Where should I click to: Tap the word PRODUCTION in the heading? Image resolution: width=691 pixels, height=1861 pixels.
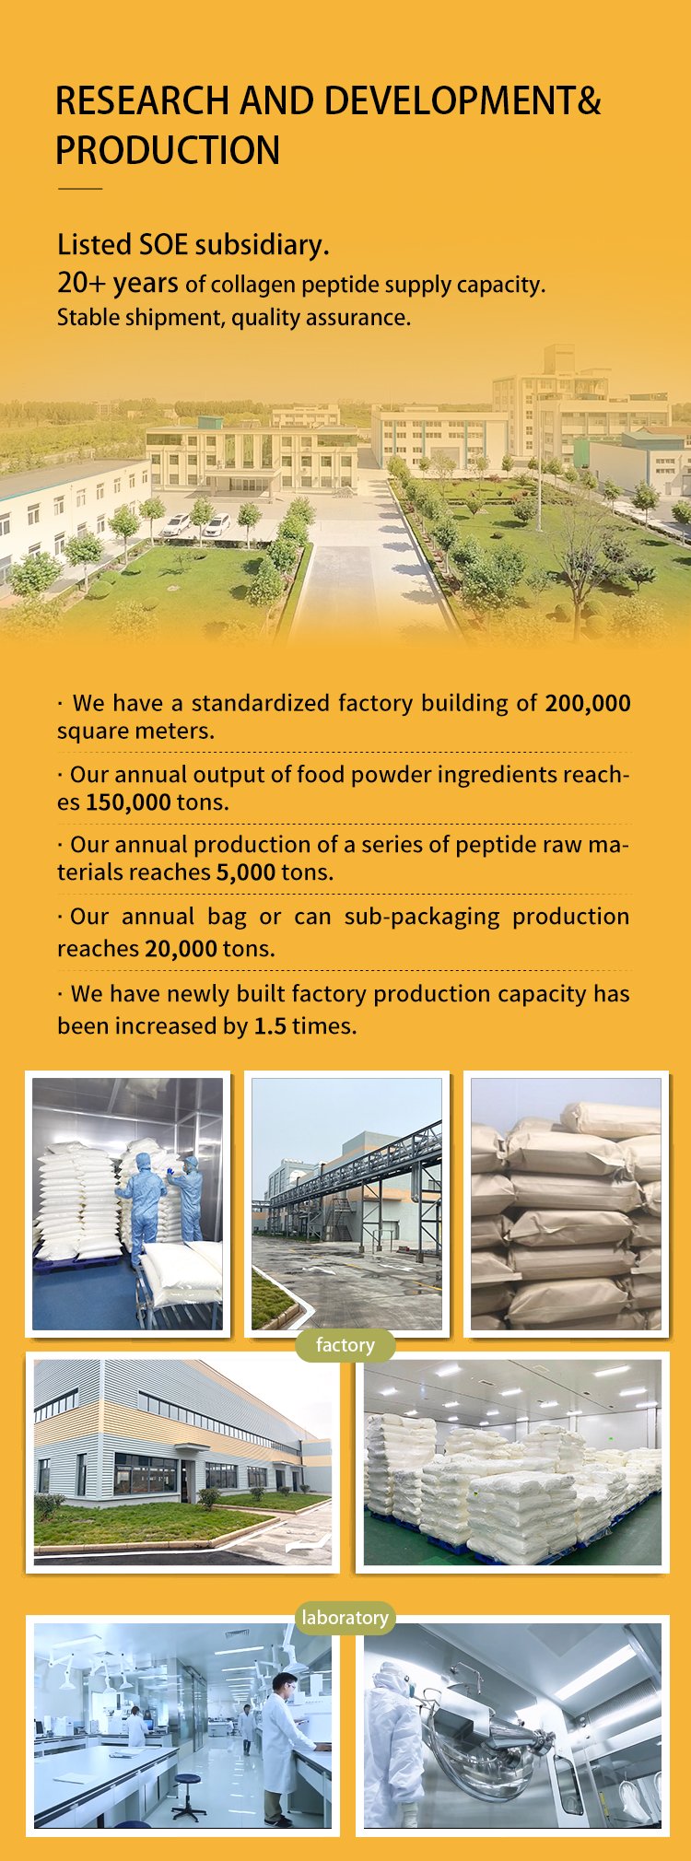coord(168,150)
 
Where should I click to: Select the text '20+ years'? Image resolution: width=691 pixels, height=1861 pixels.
coord(118,283)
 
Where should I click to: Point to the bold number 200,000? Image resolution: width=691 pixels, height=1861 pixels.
coord(588,703)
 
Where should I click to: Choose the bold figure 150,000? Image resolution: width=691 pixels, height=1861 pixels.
coord(128,802)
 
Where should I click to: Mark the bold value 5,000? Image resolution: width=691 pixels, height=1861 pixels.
coord(246,872)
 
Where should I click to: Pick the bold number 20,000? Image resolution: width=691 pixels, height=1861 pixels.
coord(181,948)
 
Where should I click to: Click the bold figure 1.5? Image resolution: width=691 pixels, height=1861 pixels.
coord(270,1025)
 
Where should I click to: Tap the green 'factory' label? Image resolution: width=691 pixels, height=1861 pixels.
coord(345,1345)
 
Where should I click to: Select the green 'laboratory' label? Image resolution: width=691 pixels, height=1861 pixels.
coord(345,1617)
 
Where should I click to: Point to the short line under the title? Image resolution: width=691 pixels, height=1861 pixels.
coord(80,188)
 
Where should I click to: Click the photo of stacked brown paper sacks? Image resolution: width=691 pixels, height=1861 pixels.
coord(566,1203)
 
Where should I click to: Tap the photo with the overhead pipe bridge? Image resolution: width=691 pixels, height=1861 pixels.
coord(346,1203)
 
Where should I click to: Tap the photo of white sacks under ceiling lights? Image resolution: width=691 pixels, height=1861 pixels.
coord(512,1462)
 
